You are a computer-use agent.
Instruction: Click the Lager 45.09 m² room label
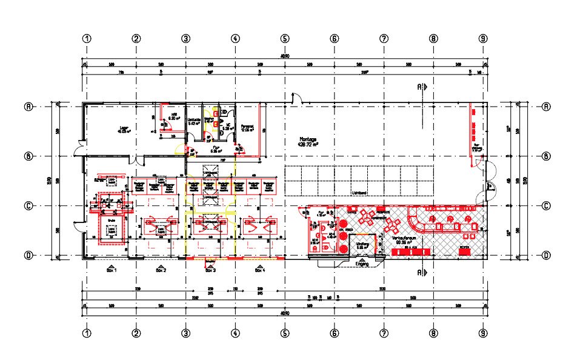pyautogui.click(x=125, y=129)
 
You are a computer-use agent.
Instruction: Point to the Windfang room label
pyautogui.click(x=362, y=245)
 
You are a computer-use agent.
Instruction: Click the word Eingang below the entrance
pyautogui.click(x=362, y=264)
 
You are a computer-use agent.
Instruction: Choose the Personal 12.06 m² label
pyautogui.click(x=247, y=128)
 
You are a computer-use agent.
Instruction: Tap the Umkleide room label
pyautogui.click(x=194, y=121)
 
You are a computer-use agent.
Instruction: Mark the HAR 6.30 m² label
pyautogui.click(x=173, y=117)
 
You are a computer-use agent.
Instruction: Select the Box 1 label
pyautogui.click(x=111, y=271)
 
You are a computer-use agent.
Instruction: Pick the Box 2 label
pyautogui.click(x=161, y=271)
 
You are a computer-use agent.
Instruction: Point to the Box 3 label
pyautogui.click(x=210, y=271)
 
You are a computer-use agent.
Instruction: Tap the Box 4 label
pyautogui.click(x=259, y=271)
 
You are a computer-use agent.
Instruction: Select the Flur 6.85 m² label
pyautogui.click(x=214, y=149)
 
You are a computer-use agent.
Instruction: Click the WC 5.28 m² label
pyautogui.click(x=228, y=127)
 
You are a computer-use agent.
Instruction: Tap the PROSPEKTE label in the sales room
pyautogui.click(x=382, y=213)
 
